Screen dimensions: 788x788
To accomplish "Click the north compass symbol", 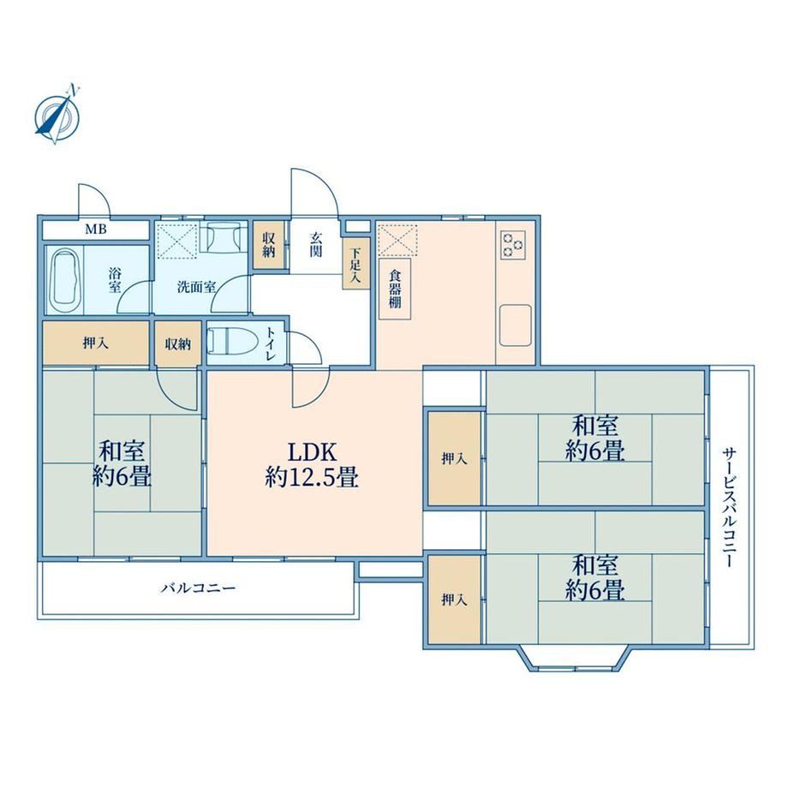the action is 57,115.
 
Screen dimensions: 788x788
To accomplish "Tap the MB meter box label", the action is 95,230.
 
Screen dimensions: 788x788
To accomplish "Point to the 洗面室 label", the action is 196,287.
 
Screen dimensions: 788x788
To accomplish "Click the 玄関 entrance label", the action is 315,244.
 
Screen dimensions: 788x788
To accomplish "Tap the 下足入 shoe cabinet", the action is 355,264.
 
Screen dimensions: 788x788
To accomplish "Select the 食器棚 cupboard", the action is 395,289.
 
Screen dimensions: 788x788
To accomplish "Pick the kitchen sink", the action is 515,325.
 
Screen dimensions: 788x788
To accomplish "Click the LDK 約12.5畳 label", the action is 312,465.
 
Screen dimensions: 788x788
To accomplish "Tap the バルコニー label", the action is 198,588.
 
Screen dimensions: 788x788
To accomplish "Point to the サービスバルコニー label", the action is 730,508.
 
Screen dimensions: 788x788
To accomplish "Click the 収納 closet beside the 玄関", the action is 269,245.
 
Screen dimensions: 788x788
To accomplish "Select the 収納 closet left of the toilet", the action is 178,343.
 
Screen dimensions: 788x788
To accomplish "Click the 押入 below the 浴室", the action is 95,343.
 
